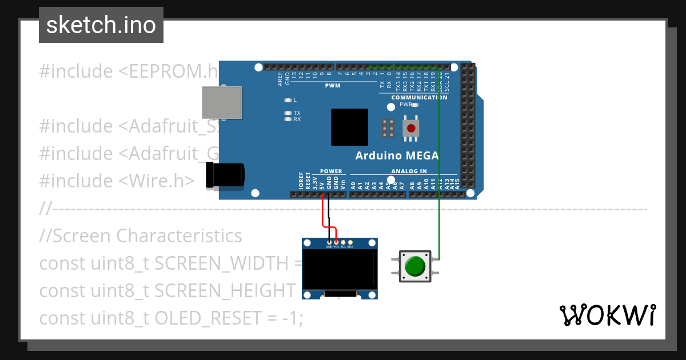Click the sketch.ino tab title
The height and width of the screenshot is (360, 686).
(101, 25)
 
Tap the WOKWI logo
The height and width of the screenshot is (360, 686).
(607, 315)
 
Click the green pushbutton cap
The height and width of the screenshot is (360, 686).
(415, 266)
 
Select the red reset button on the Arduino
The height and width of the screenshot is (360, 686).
(410, 128)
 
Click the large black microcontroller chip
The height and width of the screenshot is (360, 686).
(349, 127)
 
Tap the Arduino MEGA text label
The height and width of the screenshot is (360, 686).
(397, 155)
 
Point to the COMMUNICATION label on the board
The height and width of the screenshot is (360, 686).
(419, 97)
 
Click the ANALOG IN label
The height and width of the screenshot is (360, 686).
(409, 171)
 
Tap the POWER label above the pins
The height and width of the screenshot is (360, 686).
(331, 171)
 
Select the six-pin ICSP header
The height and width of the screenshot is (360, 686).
(388, 129)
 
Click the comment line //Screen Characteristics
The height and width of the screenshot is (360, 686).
(141, 235)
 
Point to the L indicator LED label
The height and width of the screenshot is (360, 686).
(294, 100)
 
